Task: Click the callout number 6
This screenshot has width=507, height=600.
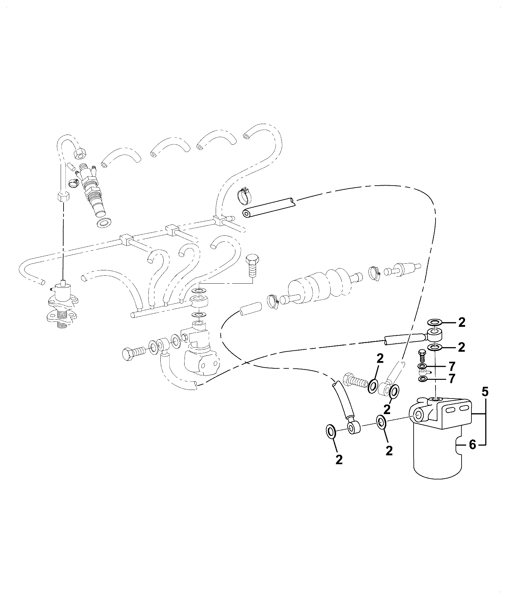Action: [x=472, y=445]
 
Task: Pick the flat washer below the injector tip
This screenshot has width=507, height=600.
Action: [x=104, y=223]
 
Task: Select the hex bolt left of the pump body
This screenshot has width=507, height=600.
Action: [x=134, y=353]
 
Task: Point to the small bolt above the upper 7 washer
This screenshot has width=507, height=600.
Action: [x=422, y=355]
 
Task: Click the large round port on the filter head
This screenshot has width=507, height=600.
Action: [x=418, y=415]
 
